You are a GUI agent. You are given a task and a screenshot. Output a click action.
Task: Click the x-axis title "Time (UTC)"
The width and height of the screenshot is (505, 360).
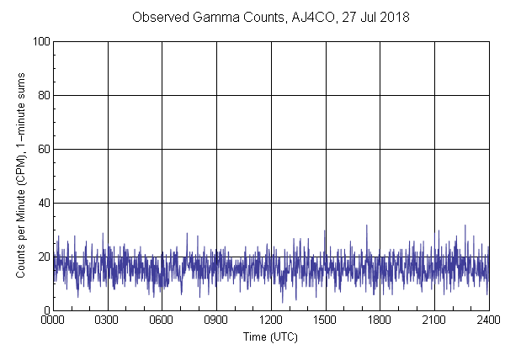[x=270, y=336]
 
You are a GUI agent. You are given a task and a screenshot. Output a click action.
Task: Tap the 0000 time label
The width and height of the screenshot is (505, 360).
[x=53, y=321]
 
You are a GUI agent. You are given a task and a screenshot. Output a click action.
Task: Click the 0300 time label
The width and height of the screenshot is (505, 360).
[x=108, y=321]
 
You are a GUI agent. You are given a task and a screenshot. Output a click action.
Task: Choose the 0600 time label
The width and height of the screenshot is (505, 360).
[x=162, y=321]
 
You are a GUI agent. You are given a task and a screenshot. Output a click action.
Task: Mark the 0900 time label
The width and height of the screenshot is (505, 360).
[x=216, y=321]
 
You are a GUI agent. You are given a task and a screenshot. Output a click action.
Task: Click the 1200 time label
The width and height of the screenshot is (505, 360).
[x=271, y=321]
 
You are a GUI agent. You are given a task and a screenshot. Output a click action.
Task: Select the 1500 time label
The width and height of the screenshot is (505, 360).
[x=326, y=321]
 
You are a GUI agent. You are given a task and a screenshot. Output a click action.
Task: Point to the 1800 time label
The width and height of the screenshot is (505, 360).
[x=380, y=321]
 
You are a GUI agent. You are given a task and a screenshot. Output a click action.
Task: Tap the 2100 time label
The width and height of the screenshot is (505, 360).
[x=434, y=321]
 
